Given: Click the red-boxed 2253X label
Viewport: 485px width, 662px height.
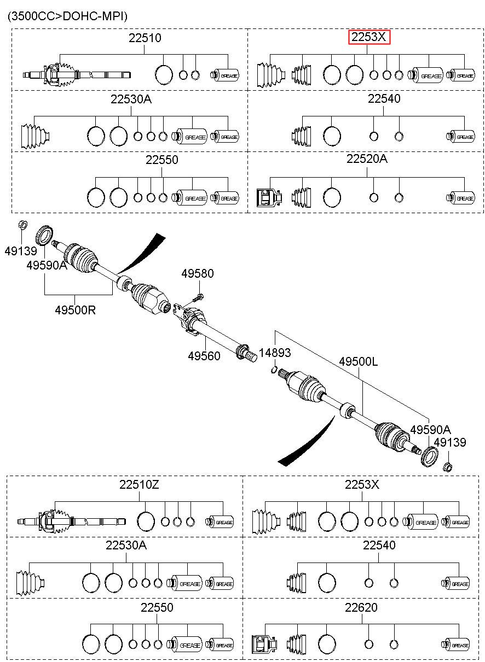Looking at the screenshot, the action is pos(369,37).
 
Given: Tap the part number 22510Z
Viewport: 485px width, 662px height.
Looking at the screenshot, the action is pos(139,485).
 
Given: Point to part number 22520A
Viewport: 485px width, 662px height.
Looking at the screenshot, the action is pos(367,159).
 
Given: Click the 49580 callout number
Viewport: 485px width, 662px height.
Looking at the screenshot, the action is pos(198,273).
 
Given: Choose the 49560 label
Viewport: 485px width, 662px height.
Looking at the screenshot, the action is pos(204,356).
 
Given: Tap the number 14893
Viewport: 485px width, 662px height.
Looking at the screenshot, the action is pos(275,353).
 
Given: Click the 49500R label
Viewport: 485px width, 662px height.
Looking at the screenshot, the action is pos(75,310).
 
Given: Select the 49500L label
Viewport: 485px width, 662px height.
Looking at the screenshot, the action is pos(358,361).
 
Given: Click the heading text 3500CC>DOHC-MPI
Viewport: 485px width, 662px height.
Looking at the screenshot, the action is pos(67,16).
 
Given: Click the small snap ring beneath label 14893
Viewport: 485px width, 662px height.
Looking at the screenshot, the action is pos(274,370).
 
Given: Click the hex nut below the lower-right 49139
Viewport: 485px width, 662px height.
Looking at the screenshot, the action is pos(448,467).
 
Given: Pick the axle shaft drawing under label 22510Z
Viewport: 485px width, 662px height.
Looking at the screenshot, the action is pos(72,522).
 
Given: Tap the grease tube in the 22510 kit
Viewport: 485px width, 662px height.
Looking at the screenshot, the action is pos(224,75).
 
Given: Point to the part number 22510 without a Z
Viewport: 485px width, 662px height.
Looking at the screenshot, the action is pos(145,38).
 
